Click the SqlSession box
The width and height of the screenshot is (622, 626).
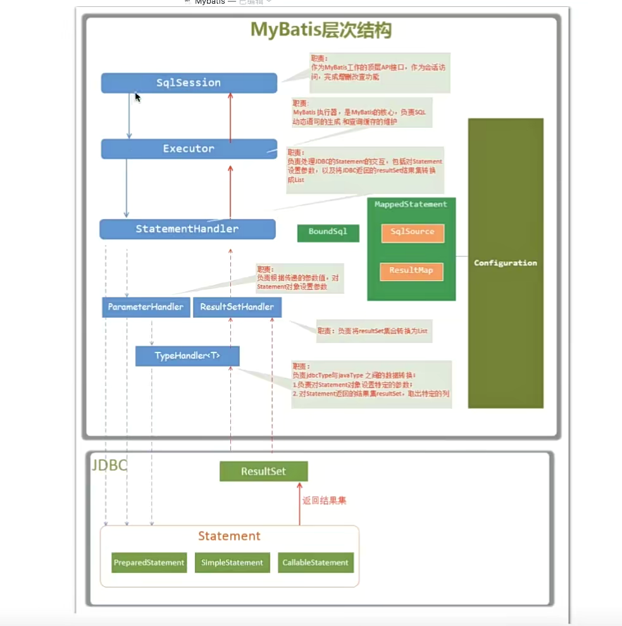pos(189,83)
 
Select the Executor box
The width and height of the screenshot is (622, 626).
pos(189,149)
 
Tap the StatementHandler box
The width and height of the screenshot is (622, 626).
pos(187,229)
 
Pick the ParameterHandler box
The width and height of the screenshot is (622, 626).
pos(146,307)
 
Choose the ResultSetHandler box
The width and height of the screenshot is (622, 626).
pos(237,307)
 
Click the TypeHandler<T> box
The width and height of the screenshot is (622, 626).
pos(187,356)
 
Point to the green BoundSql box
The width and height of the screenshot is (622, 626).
pos(328,232)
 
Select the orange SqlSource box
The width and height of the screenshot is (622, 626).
pos(412,232)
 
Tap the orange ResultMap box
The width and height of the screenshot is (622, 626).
pos(411,271)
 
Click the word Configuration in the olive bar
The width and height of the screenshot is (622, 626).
pos(505,263)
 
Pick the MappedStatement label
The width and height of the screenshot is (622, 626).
pos(411,204)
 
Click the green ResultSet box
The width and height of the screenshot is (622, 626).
pos(263,472)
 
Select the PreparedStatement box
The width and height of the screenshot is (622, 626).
pos(149,563)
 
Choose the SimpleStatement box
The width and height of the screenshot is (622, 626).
pos(232,563)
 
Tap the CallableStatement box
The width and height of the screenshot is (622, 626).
pos(315,563)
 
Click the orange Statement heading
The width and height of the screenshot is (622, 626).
pos(229,536)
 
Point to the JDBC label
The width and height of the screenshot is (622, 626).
pos(109,466)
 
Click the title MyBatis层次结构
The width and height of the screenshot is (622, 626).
pos(321,30)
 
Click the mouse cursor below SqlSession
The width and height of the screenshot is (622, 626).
pos(137,97)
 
